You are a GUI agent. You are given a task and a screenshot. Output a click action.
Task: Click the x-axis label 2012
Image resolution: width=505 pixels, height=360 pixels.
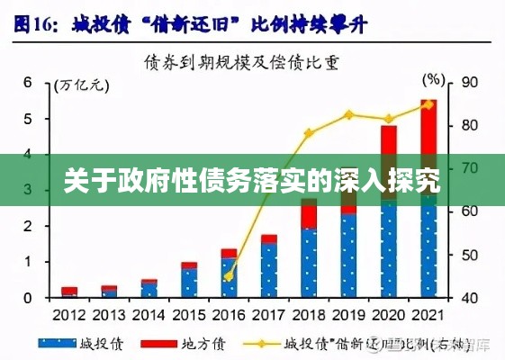(69, 315)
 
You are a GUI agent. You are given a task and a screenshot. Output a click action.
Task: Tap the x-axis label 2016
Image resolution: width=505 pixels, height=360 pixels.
(228, 315)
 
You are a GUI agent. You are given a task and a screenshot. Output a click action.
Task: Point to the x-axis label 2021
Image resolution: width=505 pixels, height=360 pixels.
(428, 315)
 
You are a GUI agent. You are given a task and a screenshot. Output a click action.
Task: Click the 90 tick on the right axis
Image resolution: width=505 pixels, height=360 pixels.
(468, 83)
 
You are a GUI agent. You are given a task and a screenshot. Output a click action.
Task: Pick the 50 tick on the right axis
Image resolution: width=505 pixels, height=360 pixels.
(468, 255)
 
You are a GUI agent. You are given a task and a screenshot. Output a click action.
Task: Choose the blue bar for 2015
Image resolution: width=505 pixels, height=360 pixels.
(188, 283)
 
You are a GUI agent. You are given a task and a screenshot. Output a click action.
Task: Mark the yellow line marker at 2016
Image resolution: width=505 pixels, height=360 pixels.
(229, 275)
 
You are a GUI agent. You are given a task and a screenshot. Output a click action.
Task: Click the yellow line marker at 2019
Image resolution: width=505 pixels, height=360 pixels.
(349, 114)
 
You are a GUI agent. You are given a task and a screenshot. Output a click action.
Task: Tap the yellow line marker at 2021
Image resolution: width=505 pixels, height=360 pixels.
(428, 104)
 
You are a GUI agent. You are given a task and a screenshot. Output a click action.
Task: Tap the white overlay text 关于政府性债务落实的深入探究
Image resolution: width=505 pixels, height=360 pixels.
(252, 181)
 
